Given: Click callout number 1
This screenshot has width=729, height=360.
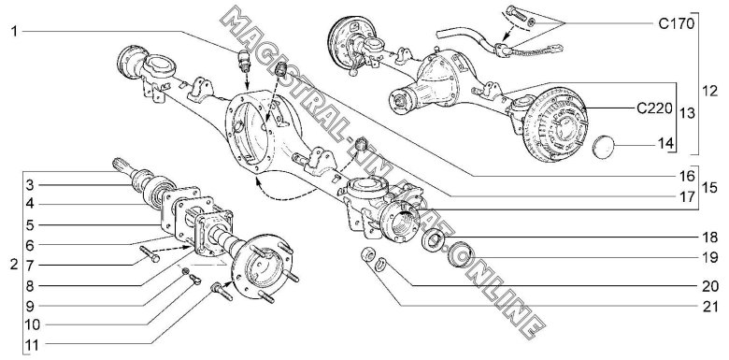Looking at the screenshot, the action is coord(14,32).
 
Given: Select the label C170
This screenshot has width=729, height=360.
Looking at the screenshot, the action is coord(677,23).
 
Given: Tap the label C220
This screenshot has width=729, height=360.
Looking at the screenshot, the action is coord(654,108).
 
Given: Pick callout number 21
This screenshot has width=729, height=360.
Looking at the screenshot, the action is coord(711,307).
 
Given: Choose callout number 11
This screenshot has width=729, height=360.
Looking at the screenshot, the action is coord(33,345).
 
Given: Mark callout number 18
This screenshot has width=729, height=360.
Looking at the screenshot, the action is coord(711,238).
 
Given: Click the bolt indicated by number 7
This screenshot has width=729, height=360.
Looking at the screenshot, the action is coord(150,254).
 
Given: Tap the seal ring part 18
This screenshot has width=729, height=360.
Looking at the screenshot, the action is coord(434,240).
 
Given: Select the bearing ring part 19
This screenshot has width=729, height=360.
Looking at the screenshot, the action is coord(460,255).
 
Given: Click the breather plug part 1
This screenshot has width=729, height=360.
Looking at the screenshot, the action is coord(244,60).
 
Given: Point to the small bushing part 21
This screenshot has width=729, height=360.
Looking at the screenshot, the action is coord(368,255).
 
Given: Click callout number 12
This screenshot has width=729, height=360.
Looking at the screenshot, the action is coord(710,91).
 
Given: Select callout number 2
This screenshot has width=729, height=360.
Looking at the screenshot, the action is coord(14,266).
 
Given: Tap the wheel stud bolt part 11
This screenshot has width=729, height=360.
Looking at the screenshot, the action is coord(222,293).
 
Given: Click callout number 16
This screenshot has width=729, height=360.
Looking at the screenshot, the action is coord(687,177).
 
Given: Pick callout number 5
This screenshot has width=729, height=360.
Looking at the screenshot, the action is coord(30,225).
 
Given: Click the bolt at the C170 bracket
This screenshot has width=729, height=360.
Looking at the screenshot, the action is coord(517,13).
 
